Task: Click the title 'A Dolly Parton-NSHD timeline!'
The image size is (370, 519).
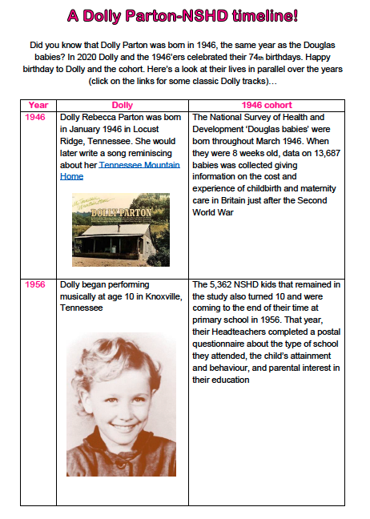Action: (x=185, y=15)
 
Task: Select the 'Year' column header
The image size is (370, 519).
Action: (x=38, y=105)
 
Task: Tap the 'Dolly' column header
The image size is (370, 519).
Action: (x=122, y=105)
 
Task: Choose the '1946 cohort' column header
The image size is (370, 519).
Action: (x=267, y=105)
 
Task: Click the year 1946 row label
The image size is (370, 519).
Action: (x=36, y=117)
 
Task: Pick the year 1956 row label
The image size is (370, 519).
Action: (x=36, y=285)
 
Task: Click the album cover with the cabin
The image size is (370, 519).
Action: (x=120, y=229)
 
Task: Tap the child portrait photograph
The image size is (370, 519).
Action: (x=121, y=404)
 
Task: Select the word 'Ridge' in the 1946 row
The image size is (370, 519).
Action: (x=74, y=141)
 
